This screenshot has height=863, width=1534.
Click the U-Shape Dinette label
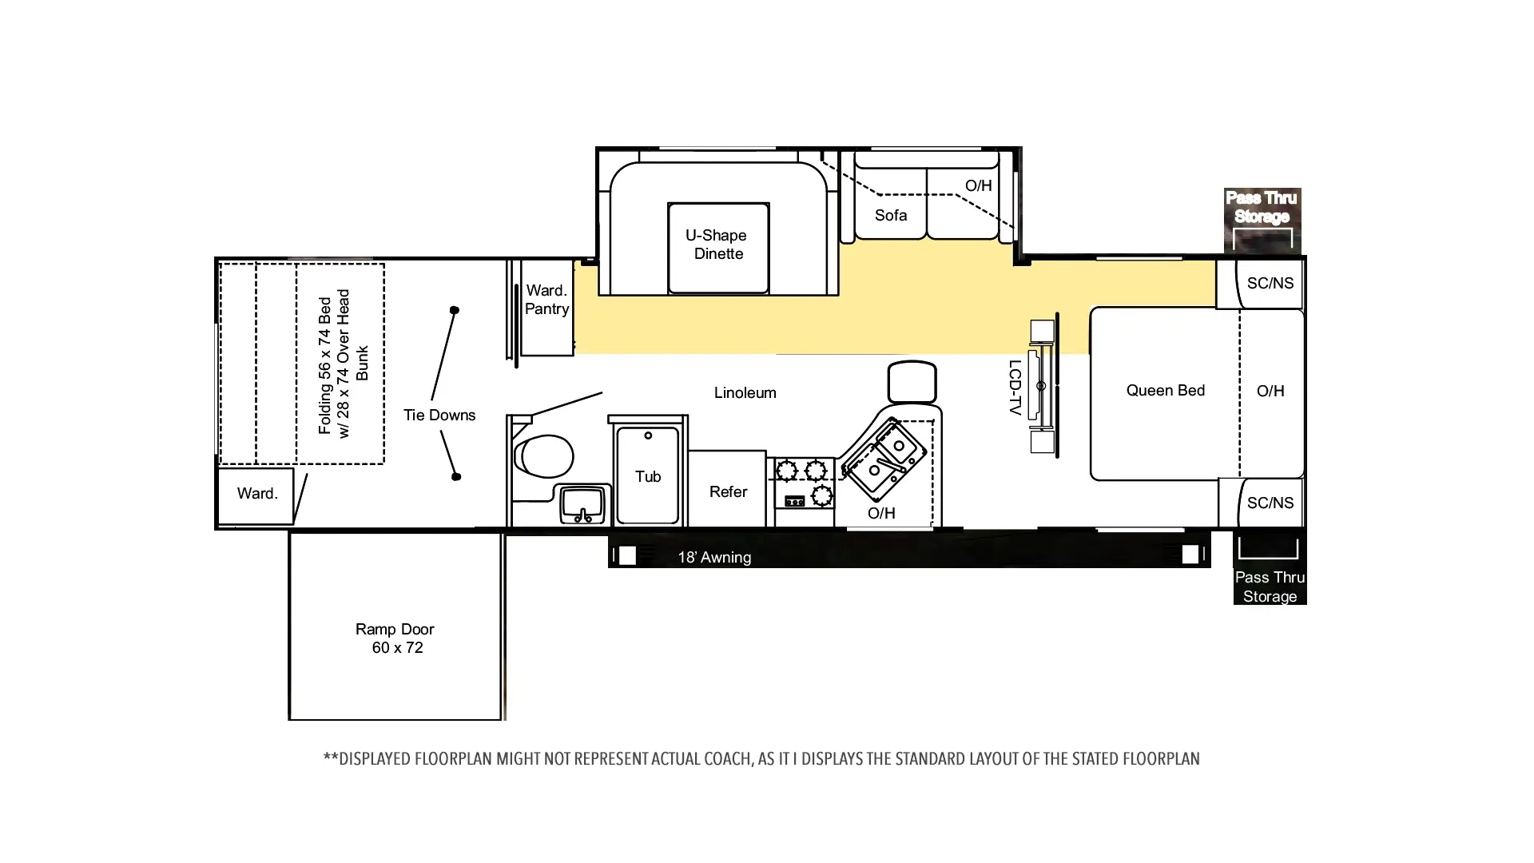pos(718,245)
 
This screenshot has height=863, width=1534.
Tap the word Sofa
pos(891,215)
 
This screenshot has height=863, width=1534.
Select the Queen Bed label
pos(1166,390)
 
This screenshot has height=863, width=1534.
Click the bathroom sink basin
pos(583,503)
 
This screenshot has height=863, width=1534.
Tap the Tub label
pos(648,476)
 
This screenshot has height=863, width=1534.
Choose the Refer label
pos(728,491)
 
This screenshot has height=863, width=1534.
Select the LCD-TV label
pos(1015,387)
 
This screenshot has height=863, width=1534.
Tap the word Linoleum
pos(745,392)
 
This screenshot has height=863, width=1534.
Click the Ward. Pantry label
pos(546,300)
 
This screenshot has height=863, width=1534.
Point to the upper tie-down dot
pos(455,310)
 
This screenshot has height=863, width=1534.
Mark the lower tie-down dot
pos(456,477)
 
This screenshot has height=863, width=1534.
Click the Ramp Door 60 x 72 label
pos(395,638)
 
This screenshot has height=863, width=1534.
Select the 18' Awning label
pos(714,558)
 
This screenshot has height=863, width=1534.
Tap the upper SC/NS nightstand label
pos(1270,283)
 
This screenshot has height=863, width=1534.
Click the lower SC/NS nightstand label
pos(1270,503)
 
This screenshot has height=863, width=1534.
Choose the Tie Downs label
pos(439,415)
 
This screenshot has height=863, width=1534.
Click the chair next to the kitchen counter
pos(912,382)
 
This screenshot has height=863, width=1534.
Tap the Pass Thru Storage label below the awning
pos(1270,587)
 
